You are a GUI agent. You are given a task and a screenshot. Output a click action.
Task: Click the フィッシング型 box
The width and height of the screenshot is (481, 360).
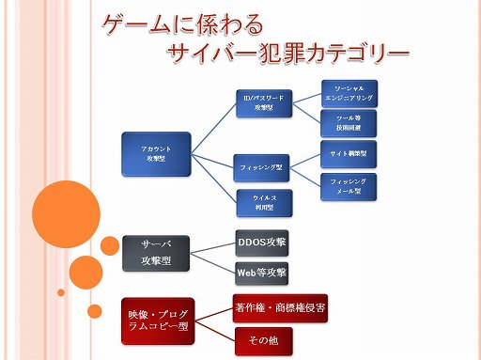click(262, 167)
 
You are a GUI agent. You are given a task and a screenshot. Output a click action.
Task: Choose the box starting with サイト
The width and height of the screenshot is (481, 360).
click(349, 151)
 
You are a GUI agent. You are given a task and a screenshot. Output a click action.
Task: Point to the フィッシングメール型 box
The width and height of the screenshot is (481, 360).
click(349, 185)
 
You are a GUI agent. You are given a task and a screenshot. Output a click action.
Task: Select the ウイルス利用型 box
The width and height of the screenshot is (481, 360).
click(262, 202)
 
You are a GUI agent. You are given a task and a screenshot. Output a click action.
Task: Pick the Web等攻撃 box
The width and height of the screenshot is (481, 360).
click(261, 273)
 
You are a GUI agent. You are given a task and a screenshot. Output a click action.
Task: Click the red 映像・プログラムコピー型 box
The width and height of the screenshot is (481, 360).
click(157, 318)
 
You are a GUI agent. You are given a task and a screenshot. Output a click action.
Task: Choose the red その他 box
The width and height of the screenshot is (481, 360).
click(262, 339)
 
